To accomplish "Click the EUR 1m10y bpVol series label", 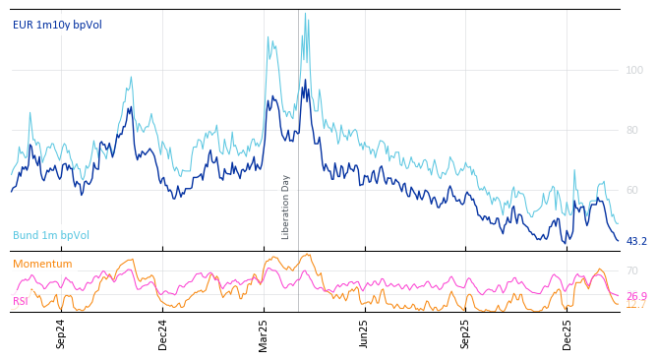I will click(57, 26).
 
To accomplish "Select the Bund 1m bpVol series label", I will click(51, 236).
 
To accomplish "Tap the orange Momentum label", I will click(42, 265).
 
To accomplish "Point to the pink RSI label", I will click(21, 301).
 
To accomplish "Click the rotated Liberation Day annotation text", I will click(286, 207).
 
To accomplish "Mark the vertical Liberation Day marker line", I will click(298, 148).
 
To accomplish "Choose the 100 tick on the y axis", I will click(634, 70).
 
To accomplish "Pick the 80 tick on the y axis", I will click(631, 130).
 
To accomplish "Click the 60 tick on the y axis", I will click(631, 190).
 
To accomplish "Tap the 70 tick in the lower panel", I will click(631, 270).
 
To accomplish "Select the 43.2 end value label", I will click(636, 242).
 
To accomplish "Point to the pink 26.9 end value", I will click(636, 296).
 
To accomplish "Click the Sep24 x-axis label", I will click(61, 333).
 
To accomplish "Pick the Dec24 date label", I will click(163, 333).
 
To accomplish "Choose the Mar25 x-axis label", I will click(264, 333).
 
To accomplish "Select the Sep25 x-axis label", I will click(466, 333).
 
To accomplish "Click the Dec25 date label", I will click(567, 333).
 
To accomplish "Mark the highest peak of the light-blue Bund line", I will click(305, 14).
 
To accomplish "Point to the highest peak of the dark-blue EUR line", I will click(305, 81).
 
